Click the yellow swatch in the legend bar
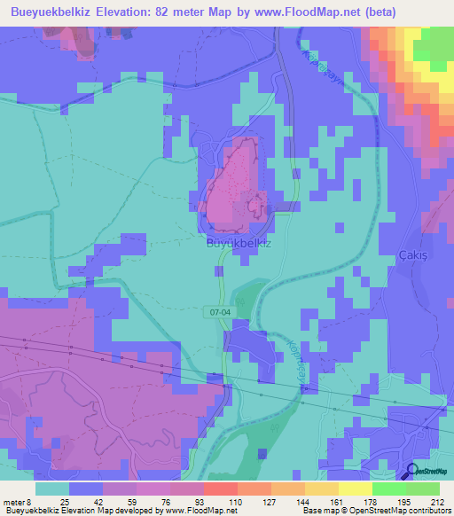[355, 489]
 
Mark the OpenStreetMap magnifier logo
[411, 473]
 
